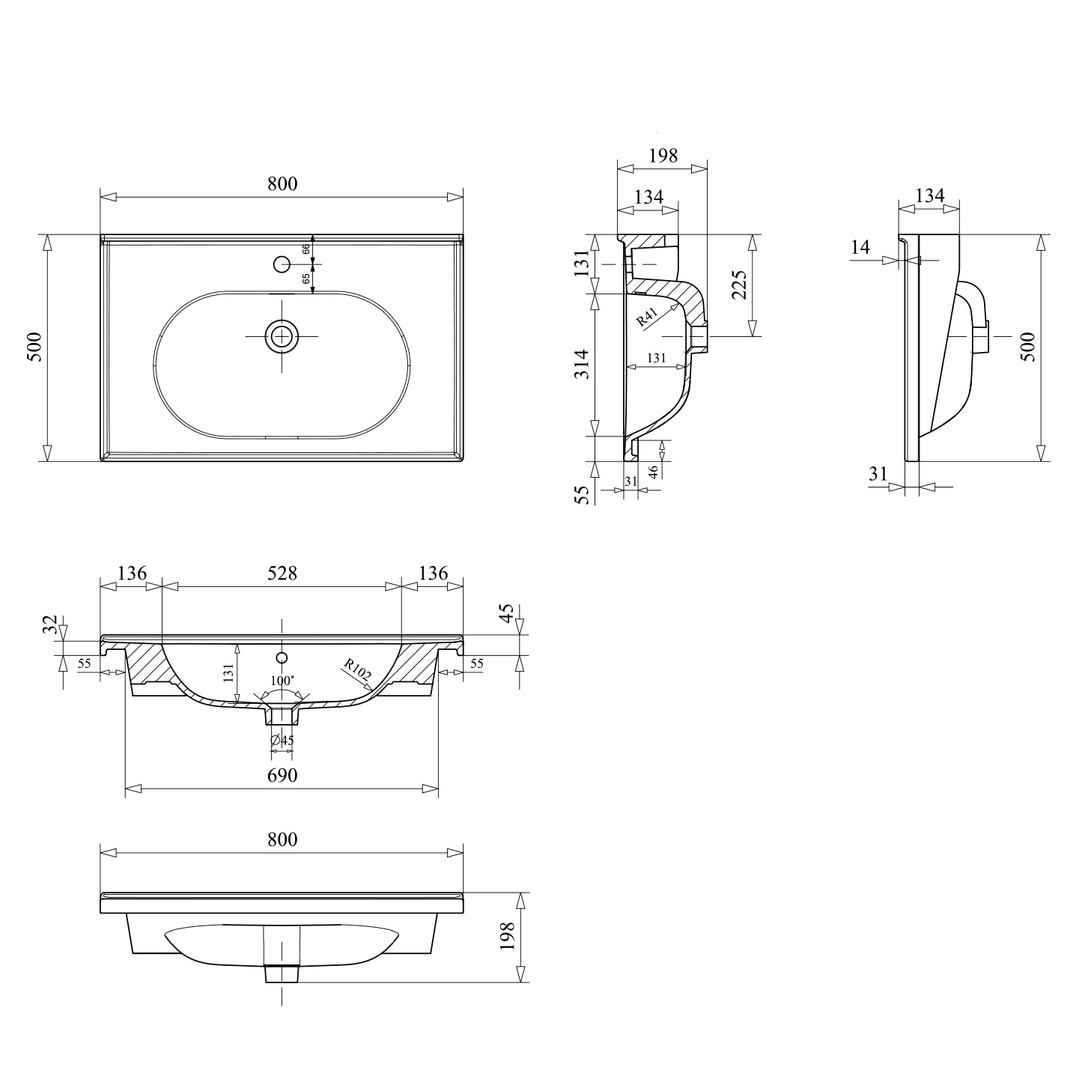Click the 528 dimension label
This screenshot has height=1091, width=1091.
click(x=282, y=573)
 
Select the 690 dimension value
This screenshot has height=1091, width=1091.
click(x=282, y=774)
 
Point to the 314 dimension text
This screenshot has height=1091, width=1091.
click(x=582, y=365)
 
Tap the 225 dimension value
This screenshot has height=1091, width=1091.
click(x=740, y=285)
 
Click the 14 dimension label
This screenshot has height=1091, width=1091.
click(x=860, y=247)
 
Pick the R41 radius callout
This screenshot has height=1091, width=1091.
click(x=646, y=317)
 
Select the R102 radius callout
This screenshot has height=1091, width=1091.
click(x=357, y=669)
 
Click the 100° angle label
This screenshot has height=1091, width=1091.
click(x=282, y=680)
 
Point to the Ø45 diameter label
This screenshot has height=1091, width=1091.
click(x=282, y=740)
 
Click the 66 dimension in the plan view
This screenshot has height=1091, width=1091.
click(x=306, y=249)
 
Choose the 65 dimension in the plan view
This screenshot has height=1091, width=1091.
click(x=306, y=279)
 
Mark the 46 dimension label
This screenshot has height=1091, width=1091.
click(x=653, y=472)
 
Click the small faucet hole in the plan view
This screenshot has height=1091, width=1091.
click(x=282, y=264)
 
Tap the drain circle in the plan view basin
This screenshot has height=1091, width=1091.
click(x=282, y=336)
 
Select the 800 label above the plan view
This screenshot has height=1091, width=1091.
click(x=282, y=183)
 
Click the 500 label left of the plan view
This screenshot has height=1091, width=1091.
click(x=35, y=347)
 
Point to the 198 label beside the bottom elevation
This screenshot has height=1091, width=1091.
click(x=507, y=935)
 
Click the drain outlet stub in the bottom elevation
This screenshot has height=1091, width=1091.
click(x=282, y=973)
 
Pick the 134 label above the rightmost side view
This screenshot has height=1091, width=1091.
click(x=930, y=195)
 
